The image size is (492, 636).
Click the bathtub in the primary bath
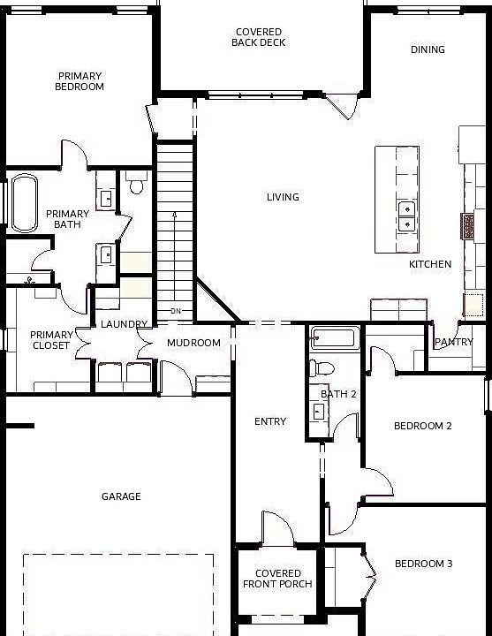coord(25,203)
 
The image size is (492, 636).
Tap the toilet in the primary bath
coord(136,183)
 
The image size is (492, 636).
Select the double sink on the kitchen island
coord(406,216)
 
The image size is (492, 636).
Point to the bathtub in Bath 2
coord(335,337)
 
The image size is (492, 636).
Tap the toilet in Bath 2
coord(322,368)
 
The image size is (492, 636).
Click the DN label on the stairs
coord(176,311)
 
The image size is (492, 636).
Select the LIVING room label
coord(283,197)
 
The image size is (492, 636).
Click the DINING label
coord(428,49)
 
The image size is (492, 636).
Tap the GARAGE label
coord(121,496)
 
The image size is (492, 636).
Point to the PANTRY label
coord(454,342)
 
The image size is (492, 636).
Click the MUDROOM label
coord(193,343)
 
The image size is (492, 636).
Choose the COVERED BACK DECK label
coord(259,37)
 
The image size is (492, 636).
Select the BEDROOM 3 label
coord(423,564)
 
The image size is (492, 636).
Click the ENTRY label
coord(270,421)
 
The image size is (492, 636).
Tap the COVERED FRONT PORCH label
coord(277,579)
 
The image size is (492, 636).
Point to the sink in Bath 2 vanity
coord(318,412)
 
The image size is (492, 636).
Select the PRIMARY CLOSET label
coord(51,340)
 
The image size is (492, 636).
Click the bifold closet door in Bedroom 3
coord(370,575)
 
